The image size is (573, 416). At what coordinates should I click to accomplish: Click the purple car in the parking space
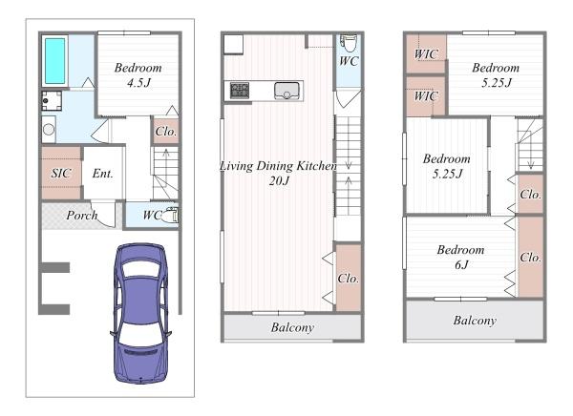[140, 313]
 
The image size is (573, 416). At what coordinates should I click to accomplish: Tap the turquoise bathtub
[54, 61]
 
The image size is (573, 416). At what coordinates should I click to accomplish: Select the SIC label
[61, 173]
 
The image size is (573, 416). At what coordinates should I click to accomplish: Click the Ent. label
[103, 173]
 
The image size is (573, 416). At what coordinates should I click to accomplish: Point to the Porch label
[82, 216]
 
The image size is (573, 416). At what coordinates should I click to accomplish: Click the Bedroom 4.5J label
[138, 74]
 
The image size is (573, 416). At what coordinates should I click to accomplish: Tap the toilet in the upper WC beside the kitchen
[349, 44]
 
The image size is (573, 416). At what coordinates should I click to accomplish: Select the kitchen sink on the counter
[286, 91]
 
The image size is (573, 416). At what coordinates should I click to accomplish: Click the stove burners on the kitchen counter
[240, 91]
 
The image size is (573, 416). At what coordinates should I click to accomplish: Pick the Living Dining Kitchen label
[279, 173]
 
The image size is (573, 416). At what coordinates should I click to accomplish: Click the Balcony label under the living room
[293, 327]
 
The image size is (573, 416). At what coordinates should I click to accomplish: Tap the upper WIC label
[426, 54]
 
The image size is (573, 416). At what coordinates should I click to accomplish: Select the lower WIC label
[426, 96]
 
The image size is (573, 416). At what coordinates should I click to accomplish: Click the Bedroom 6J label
[461, 257]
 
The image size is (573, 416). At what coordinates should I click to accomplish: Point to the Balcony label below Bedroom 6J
[475, 321]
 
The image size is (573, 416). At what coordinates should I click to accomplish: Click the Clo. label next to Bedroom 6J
[531, 258]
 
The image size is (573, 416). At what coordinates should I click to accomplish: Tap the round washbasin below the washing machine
[49, 129]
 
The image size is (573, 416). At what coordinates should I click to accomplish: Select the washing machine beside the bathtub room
[52, 101]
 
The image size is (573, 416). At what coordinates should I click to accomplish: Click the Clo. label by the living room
[349, 279]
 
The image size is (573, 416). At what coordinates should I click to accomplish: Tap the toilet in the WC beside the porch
[170, 216]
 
